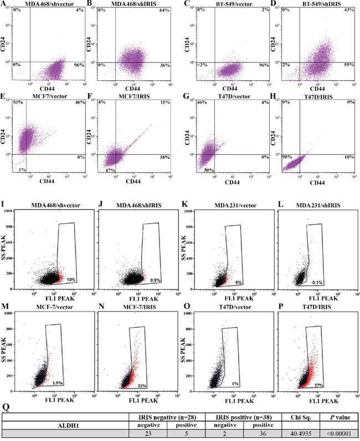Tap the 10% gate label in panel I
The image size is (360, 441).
point(71,281)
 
